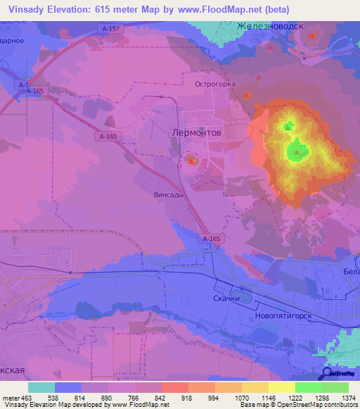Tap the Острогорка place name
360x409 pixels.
[x=214, y=83]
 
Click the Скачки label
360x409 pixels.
[x=226, y=298]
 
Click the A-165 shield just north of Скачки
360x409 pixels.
[x=212, y=240]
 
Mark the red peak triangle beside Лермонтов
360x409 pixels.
[x=192, y=162]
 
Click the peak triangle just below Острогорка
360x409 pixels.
[x=246, y=96]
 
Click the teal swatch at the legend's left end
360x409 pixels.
[x=41, y=387]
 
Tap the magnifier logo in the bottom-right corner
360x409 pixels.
[x=328, y=374]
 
